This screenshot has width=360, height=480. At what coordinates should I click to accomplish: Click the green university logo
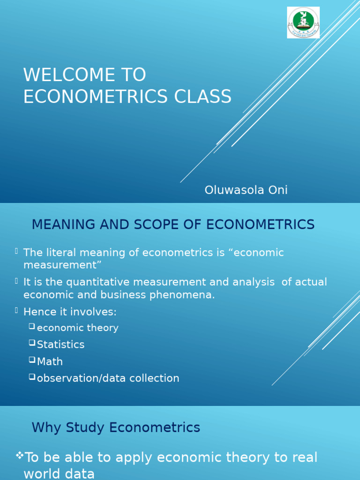(303, 22)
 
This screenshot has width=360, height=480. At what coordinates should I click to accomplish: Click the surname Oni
(277, 190)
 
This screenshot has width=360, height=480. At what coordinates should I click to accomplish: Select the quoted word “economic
(256, 253)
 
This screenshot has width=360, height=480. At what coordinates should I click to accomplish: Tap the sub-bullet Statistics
(60, 345)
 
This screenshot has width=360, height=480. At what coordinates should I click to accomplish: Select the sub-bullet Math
(50, 361)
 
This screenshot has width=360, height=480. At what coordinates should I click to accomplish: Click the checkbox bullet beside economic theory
(32, 326)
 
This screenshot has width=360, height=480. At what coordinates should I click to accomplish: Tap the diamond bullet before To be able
(19, 455)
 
